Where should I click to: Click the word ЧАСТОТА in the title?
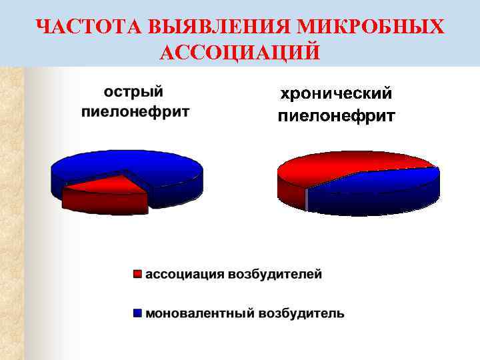click(87, 27)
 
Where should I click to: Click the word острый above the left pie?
click(133, 91)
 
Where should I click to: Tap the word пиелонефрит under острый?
click(135, 111)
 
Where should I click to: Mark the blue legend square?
click(138, 313)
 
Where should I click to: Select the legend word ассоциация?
click(186, 274)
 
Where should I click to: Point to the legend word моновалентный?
click(199, 313)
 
